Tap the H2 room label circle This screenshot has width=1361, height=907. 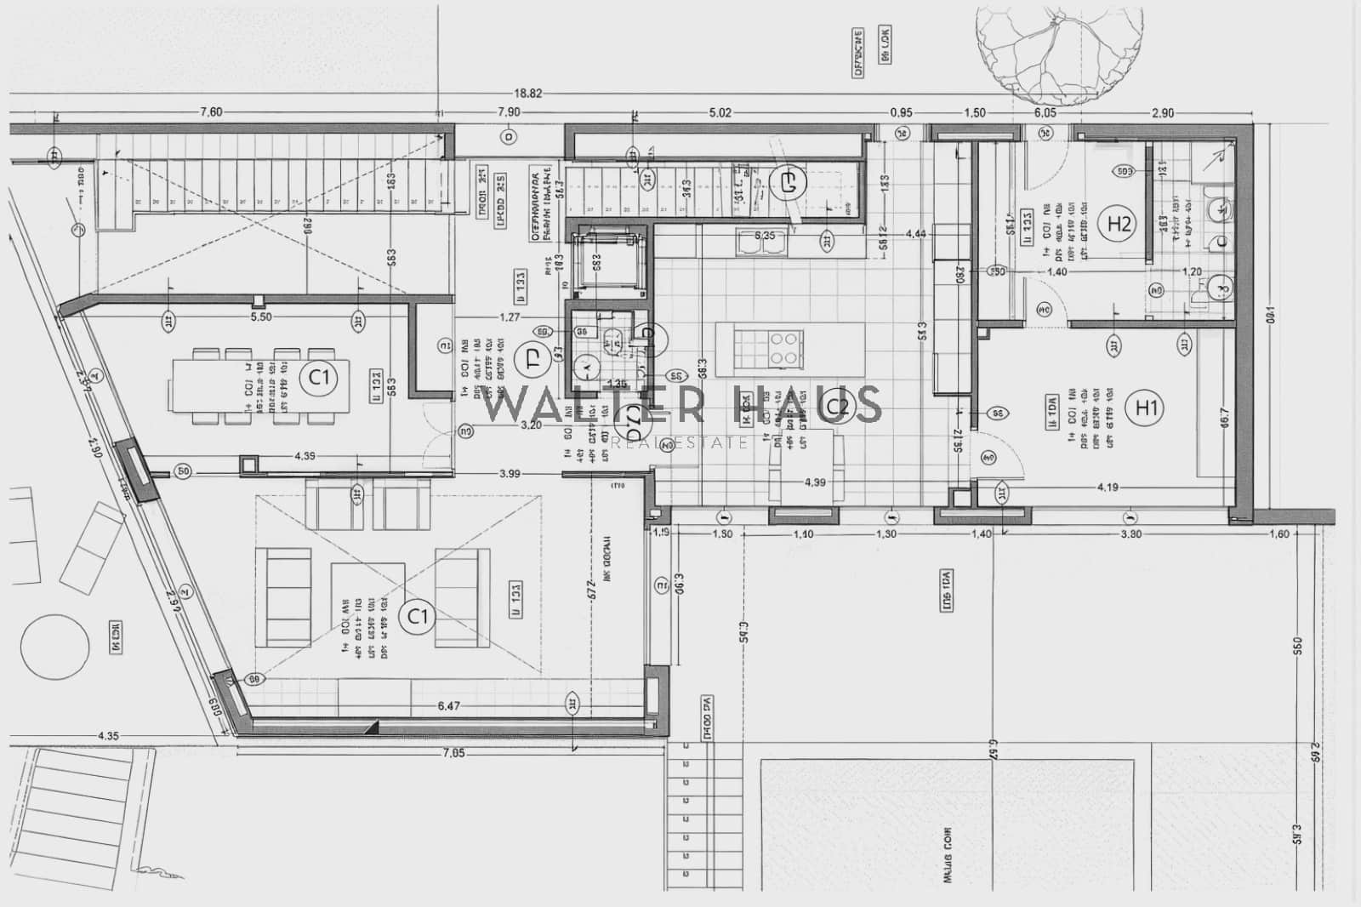(x=1119, y=224)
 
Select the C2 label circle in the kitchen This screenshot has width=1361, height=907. (x=838, y=408)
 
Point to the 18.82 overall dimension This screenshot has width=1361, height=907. (x=527, y=94)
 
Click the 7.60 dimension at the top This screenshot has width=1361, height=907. (x=211, y=112)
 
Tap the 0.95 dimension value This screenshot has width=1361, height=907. (x=901, y=112)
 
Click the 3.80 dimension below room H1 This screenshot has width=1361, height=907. (x=1130, y=534)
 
